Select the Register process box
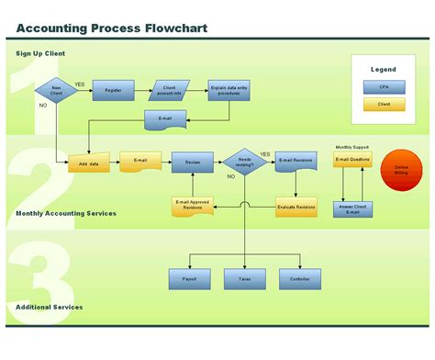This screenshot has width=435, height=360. [x=113, y=90]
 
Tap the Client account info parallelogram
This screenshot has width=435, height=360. [x=168, y=90]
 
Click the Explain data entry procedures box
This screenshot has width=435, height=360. [x=229, y=90]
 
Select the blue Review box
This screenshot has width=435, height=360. [x=192, y=163]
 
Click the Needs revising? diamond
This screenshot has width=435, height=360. [x=244, y=162]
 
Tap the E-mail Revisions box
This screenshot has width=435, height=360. [x=296, y=163]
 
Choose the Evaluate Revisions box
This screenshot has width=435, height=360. [x=296, y=207]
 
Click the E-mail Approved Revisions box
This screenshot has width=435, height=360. [x=192, y=207]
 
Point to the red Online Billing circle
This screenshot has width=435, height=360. [x=400, y=169]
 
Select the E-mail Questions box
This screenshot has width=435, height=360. [x=352, y=161]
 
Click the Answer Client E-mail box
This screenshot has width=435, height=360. [x=352, y=208]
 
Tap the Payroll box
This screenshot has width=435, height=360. [x=190, y=279]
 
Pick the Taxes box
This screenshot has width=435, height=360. [x=244, y=279]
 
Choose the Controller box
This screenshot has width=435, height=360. [x=299, y=279]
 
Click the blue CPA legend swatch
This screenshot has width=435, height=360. [x=384, y=86]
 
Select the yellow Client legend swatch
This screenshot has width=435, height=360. [x=384, y=104]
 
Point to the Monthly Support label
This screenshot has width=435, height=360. [x=352, y=147]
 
